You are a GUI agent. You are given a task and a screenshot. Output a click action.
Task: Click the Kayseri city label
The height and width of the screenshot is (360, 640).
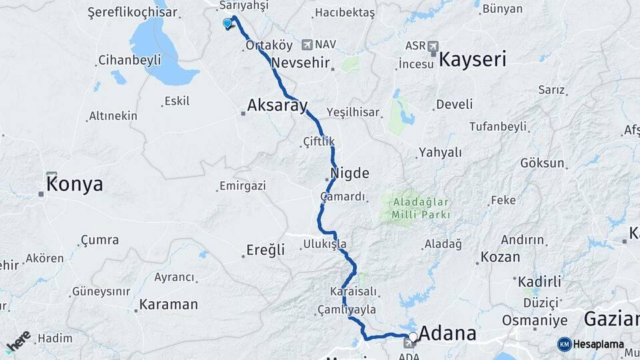472,59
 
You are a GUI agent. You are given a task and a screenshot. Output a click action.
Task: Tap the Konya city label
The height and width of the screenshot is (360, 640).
75,184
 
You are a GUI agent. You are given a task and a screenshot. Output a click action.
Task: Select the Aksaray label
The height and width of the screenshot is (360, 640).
277,105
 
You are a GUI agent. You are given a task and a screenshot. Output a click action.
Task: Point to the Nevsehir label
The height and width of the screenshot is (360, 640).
301,62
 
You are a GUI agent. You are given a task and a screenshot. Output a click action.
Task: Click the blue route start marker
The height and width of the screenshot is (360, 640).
227,23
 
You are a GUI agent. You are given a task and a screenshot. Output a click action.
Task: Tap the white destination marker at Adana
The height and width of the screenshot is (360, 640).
413,337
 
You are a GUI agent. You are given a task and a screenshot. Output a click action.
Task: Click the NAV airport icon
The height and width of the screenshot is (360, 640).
307,45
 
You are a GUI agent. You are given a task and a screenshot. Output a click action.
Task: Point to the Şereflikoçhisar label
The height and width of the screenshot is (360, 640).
133,12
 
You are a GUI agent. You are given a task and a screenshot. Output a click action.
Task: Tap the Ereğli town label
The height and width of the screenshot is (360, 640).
265,250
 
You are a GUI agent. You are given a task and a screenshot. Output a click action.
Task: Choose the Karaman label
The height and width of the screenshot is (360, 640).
168,305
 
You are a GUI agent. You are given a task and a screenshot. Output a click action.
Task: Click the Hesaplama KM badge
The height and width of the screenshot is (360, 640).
564,344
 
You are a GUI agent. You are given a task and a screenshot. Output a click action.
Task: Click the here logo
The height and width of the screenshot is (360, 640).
18,342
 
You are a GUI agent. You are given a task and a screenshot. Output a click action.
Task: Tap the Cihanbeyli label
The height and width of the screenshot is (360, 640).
129,60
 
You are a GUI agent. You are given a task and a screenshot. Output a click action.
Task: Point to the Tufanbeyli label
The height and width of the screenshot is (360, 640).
498,126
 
